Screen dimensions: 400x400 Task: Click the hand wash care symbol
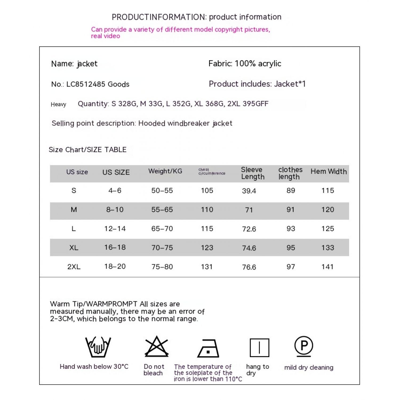coord(98,347)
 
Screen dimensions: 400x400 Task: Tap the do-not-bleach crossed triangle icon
coord(157,346)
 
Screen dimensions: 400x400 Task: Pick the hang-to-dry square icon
coord(259,348)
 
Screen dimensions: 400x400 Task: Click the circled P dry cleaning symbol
coord(304,346)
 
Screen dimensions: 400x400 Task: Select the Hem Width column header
coord(329,171)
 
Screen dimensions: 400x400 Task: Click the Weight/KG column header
coord(165,171)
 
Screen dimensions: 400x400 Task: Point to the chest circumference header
coord(212,171)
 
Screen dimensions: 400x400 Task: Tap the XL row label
coord(74,248)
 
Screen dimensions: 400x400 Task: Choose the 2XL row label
coord(74,267)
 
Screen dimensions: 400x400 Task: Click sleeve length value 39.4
coord(249,191)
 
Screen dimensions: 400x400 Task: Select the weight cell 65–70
coord(162,229)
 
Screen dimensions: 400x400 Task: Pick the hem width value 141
coord(327,267)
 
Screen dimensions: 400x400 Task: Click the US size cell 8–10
coord(115,210)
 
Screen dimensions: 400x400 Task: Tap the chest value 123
coord(207,248)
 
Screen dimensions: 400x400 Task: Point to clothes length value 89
coord(291,191)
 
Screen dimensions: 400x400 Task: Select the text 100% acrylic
coord(258,64)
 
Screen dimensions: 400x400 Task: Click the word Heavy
coord(58,104)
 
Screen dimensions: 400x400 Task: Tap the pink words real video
coord(105,36)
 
